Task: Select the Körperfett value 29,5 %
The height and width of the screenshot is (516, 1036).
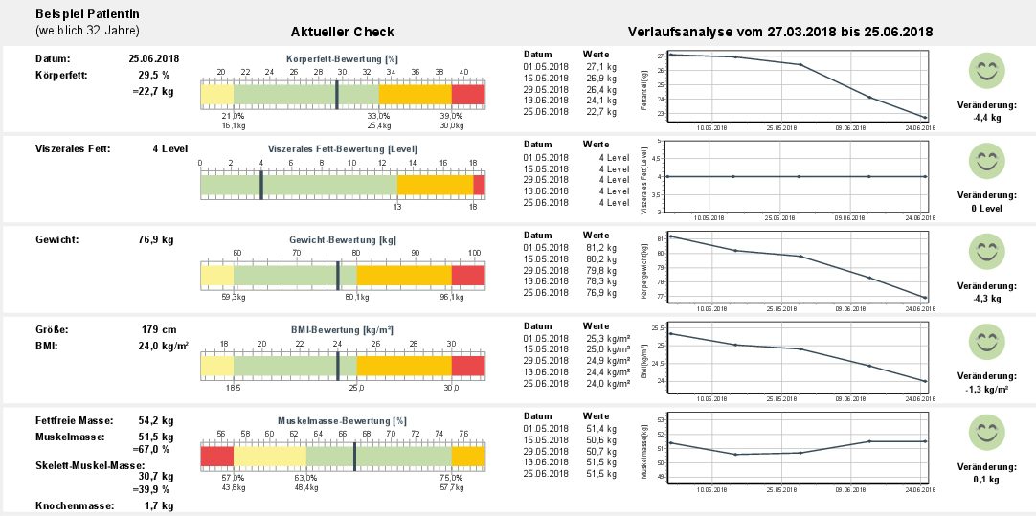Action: tap(154, 75)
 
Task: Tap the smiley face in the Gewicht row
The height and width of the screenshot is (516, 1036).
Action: tap(986, 252)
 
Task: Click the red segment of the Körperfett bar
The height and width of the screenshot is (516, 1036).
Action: tap(468, 94)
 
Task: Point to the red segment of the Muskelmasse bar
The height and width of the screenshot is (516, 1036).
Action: tap(216, 458)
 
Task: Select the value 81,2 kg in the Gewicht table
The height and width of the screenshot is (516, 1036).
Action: tap(600, 247)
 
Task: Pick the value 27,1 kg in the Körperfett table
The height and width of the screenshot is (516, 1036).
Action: tap(600, 67)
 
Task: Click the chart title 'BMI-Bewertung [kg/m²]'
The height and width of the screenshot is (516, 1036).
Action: tap(342, 329)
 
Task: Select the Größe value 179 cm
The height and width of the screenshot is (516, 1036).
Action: tap(159, 330)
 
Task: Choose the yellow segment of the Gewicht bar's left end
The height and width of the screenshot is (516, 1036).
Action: tap(216, 276)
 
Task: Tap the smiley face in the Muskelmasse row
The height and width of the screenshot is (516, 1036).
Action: tap(986, 434)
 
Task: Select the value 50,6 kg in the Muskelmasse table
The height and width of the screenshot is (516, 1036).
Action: tap(600, 439)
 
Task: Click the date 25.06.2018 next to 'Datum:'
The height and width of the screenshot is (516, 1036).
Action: tap(153, 58)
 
